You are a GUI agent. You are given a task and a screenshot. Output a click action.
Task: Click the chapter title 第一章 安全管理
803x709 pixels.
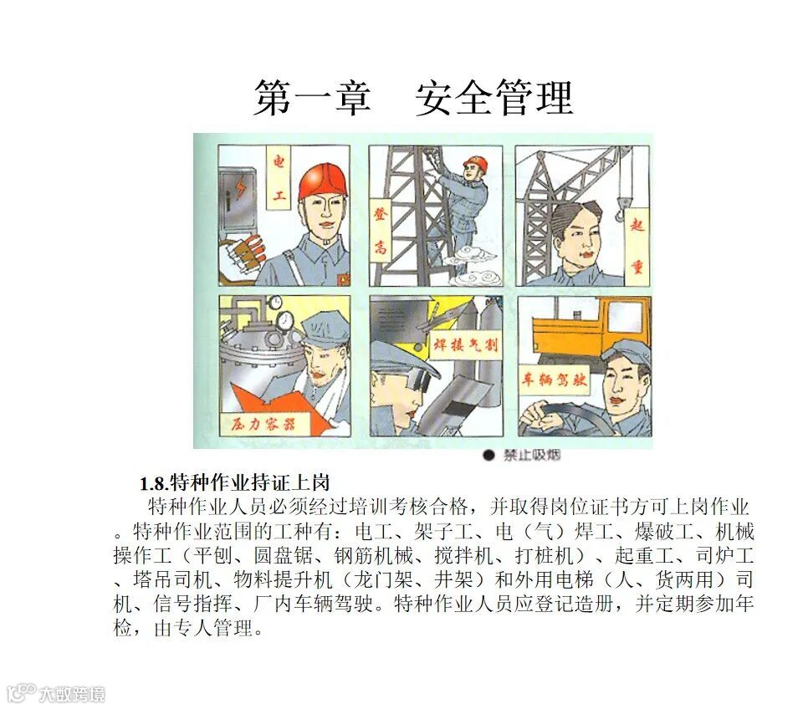point(413,98)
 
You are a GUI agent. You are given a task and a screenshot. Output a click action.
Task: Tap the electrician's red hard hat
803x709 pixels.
point(323,181)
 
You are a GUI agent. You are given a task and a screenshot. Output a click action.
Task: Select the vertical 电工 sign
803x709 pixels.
point(279,178)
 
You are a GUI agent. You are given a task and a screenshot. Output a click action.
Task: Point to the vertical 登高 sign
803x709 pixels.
point(380,231)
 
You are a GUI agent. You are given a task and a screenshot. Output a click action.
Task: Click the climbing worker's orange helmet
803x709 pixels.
point(476,163)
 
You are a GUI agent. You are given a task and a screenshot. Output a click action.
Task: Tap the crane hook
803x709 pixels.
point(621,208)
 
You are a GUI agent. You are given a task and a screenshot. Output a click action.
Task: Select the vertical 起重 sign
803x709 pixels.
point(637,246)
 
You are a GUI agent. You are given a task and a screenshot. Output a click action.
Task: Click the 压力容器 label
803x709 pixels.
point(263,423)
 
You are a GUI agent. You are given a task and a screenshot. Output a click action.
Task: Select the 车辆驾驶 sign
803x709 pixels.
point(554,380)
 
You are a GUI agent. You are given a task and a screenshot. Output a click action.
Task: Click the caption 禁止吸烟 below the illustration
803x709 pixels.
point(531,455)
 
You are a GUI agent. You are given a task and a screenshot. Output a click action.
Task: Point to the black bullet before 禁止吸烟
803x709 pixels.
point(489,455)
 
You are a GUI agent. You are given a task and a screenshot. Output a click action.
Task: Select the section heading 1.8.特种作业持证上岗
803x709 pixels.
point(234,482)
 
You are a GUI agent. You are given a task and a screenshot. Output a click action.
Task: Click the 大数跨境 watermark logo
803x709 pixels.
point(55,693)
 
